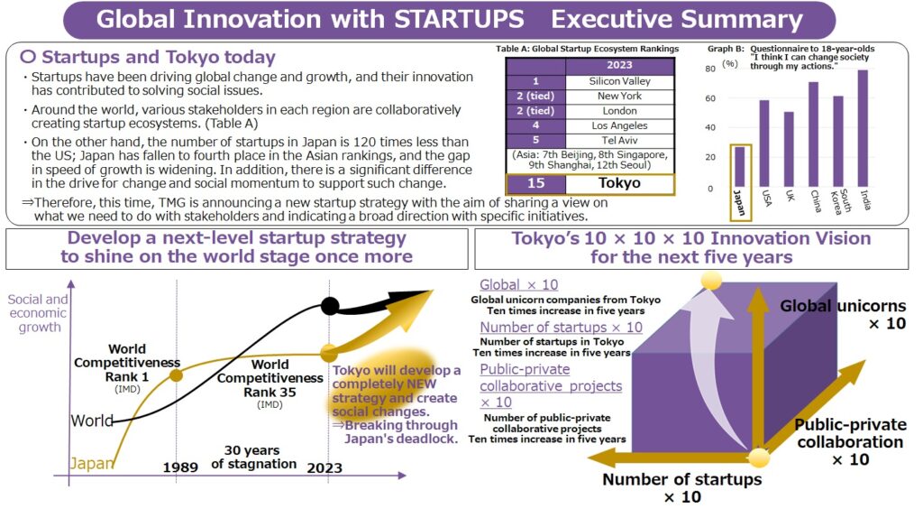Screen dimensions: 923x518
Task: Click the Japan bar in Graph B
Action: (x=739, y=167)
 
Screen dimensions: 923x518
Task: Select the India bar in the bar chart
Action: (x=863, y=128)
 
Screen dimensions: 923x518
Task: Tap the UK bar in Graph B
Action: (x=789, y=149)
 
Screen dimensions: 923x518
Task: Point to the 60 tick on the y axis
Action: (x=710, y=98)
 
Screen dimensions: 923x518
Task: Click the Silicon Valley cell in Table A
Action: (x=619, y=81)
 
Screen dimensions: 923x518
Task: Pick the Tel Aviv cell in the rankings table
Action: (x=619, y=140)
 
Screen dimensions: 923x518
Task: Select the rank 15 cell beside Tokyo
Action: (x=535, y=183)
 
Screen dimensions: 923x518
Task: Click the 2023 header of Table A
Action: (x=619, y=65)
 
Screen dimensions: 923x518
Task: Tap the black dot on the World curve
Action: (x=330, y=306)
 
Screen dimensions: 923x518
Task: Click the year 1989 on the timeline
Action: (x=180, y=467)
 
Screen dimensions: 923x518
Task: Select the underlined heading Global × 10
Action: (x=518, y=284)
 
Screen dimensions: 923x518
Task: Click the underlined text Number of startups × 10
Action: (x=561, y=327)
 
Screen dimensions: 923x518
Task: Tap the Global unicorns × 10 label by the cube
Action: (x=843, y=315)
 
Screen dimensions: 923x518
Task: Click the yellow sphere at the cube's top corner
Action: (x=711, y=280)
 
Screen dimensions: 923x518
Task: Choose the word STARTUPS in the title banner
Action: (x=459, y=19)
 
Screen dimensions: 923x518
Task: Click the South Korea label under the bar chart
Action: (x=841, y=201)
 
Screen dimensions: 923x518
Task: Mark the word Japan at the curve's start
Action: (x=92, y=464)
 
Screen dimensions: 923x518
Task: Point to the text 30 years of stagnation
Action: (x=253, y=458)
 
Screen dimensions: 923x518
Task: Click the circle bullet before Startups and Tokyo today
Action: (x=28, y=57)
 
